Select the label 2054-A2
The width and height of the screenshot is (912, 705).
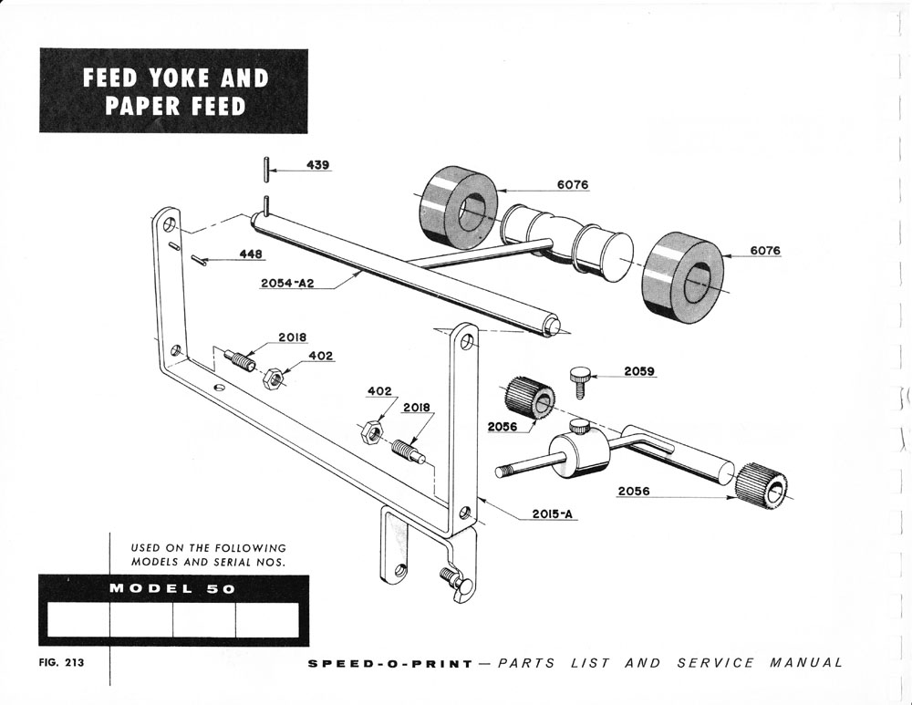[287, 284]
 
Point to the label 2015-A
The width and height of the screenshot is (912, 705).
[554, 513]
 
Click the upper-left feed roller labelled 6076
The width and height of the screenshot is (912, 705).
[458, 207]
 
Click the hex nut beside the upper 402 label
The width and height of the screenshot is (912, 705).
[271, 377]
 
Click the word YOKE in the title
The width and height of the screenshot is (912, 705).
[172, 78]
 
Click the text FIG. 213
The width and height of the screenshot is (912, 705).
[60, 663]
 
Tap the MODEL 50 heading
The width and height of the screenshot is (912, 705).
[172, 589]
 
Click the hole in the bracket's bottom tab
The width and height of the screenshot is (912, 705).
[399, 571]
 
